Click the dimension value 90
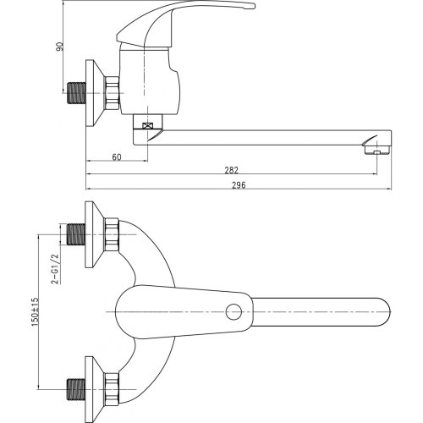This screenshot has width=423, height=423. [x=60, y=47]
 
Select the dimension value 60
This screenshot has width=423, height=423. [x=117, y=157]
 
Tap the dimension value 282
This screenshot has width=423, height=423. [x=232, y=170]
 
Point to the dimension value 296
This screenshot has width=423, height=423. [x=239, y=185]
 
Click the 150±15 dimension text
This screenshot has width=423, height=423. [x=35, y=312]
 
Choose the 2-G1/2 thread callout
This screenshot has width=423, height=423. [x=55, y=268]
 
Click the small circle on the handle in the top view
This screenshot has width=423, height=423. [x=233, y=311]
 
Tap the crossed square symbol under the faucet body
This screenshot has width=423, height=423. [x=147, y=126]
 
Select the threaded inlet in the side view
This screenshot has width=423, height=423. [x=77, y=93]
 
